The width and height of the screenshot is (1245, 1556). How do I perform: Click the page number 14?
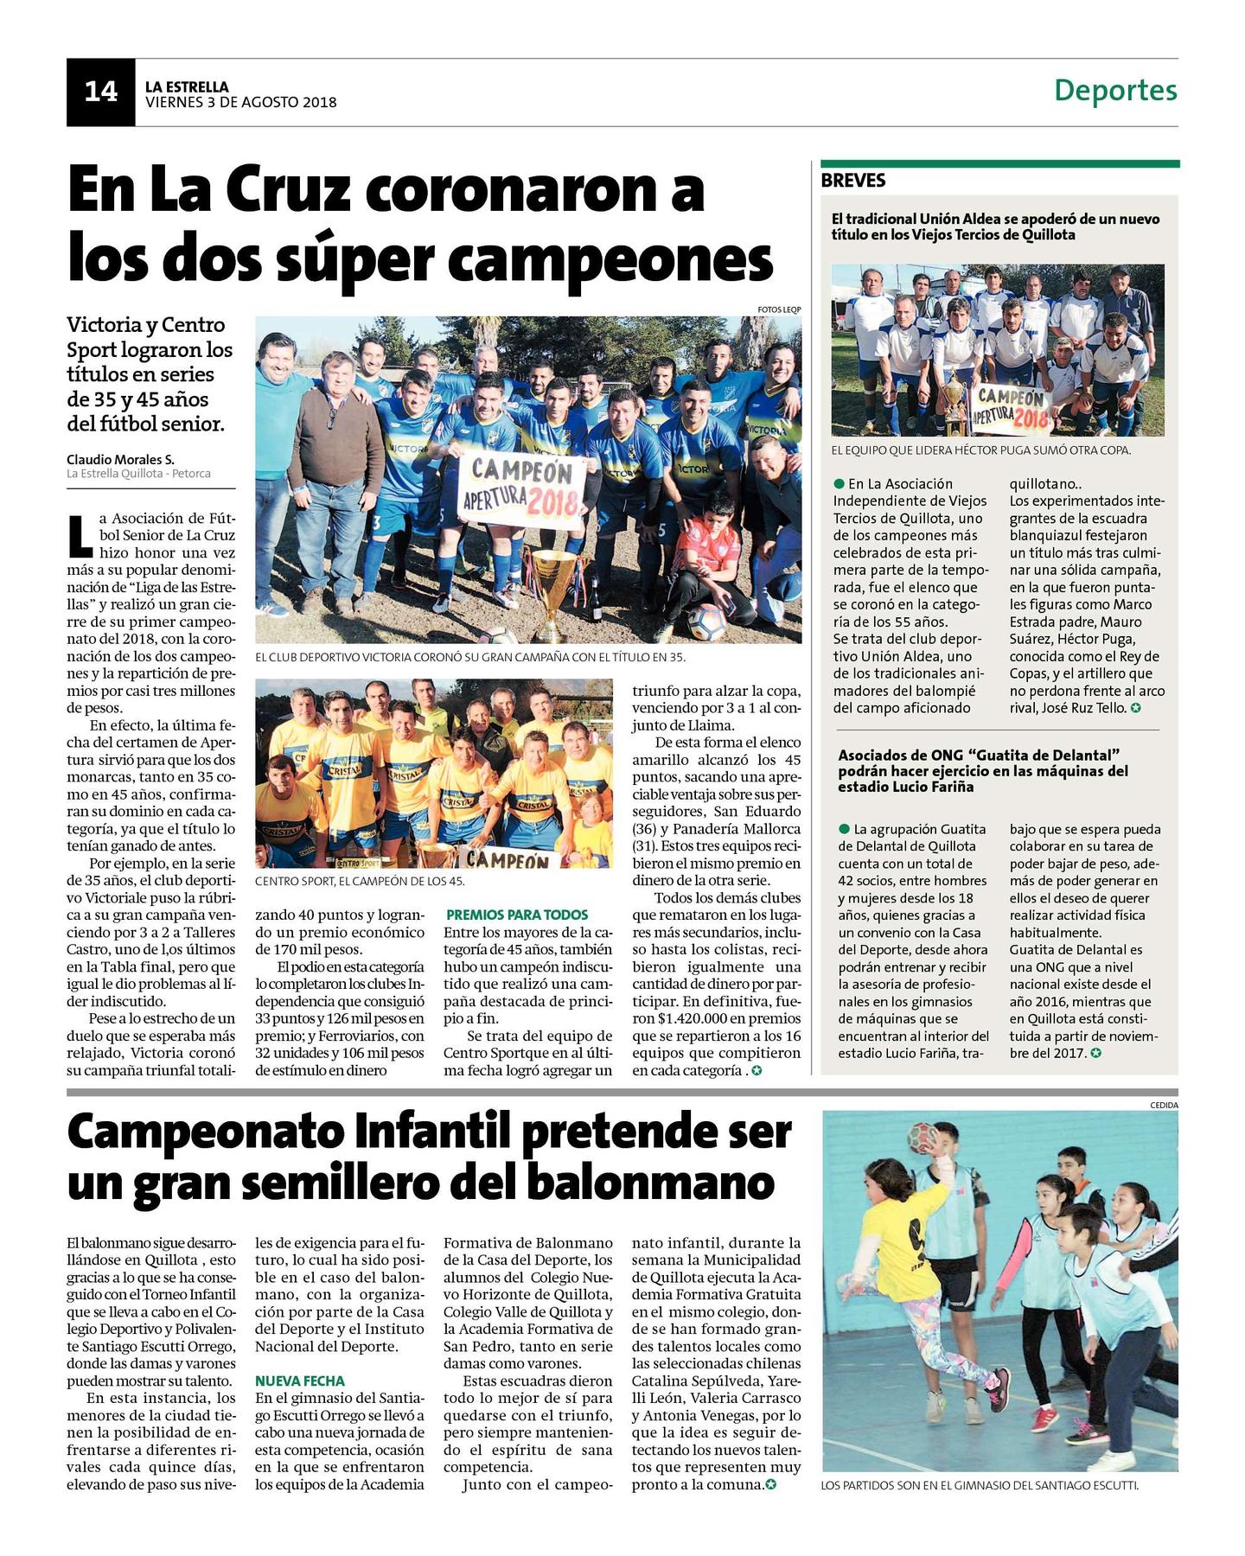click(100, 92)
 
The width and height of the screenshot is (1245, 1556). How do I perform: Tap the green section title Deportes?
click(1115, 90)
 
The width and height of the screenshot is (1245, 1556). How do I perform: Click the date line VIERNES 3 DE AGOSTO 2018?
click(240, 102)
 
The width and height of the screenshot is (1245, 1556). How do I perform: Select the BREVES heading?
click(853, 180)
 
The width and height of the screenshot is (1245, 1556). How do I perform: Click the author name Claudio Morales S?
click(120, 459)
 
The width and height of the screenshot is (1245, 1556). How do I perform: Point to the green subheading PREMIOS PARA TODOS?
click(517, 915)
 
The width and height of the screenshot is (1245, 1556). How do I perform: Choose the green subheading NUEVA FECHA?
click(299, 1381)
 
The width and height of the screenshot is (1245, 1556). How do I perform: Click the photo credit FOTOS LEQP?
click(779, 309)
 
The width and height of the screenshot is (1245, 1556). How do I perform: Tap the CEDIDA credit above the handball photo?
click(1163, 1105)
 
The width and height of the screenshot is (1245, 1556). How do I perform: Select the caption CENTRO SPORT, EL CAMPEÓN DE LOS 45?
click(360, 881)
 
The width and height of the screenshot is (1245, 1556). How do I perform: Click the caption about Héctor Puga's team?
click(980, 450)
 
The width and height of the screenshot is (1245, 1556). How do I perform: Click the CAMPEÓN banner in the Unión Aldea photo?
click(1011, 408)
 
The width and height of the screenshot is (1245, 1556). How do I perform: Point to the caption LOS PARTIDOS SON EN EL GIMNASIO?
click(980, 1485)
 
